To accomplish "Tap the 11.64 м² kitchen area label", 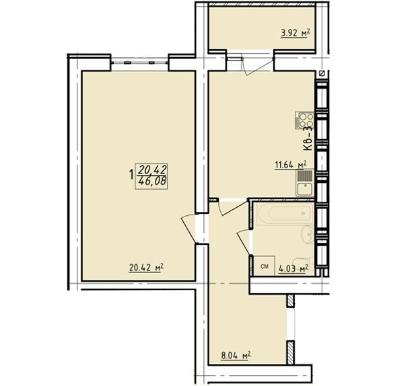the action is point(291,165).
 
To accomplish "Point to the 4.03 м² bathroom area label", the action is point(294,269).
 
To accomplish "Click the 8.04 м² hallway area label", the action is point(235,356).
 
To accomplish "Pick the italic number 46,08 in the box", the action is point(152,182).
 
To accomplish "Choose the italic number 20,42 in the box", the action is point(152,169).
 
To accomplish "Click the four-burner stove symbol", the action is point(304,120).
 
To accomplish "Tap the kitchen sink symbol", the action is point(305,183).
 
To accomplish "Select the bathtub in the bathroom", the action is point(284,214).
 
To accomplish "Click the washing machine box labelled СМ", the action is point(265,266).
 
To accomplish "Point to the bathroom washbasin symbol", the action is point(307,235).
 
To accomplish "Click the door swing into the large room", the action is point(188,228).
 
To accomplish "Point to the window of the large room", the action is point(139,63).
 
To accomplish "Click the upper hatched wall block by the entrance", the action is point(290,301).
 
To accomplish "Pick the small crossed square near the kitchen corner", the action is point(322,74).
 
